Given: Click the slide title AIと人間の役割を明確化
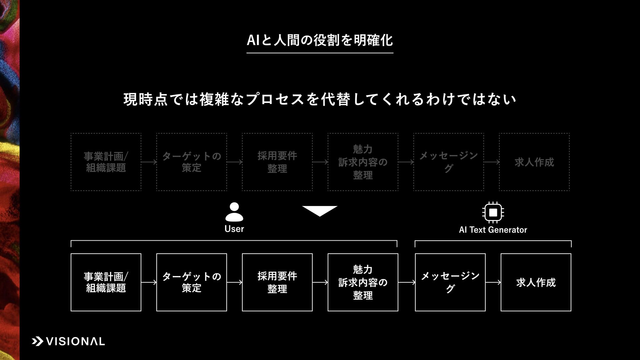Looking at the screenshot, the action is pyautogui.click(x=320, y=40).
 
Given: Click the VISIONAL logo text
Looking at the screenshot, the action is pyautogui.click(x=75, y=341).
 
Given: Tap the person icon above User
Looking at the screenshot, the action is pyautogui.click(x=234, y=212).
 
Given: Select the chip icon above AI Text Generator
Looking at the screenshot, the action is pyautogui.click(x=493, y=212).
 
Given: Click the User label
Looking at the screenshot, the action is pyautogui.click(x=234, y=229).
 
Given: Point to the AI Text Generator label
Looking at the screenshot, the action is pyautogui.click(x=493, y=230).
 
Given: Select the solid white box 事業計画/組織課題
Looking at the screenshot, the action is pyautogui.click(x=106, y=282).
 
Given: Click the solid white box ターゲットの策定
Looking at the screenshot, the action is pyautogui.click(x=192, y=282).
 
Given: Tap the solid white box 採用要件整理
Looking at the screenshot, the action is pyautogui.click(x=277, y=282).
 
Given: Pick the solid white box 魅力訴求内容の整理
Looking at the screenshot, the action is pyautogui.click(x=363, y=282).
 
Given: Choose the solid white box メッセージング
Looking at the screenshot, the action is pyautogui.click(x=450, y=282).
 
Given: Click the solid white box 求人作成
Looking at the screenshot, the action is pyautogui.click(x=536, y=282).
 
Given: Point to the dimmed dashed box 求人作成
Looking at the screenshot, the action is pyautogui.click(x=534, y=162).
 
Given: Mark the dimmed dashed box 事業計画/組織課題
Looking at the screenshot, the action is pyautogui.click(x=106, y=162).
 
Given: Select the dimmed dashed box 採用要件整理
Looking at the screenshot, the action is pyautogui.click(x=277, y=162).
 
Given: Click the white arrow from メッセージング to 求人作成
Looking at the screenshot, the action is pyautogui.click(x=493, y=282).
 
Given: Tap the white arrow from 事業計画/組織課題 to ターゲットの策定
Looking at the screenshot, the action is pyautogui.click(x=149, y=282).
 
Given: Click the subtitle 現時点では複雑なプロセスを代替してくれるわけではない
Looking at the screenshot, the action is pyautogui.click(x=320, y=99).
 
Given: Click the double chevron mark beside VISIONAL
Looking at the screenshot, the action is pyautogui.click(x=37, y=341).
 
